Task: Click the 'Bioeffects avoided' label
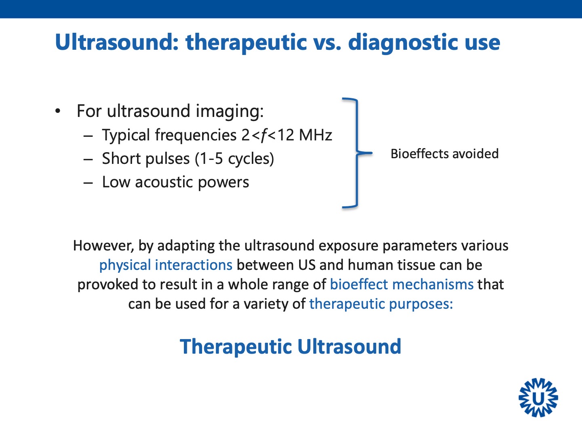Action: pyautogui.click(x=444, y=154)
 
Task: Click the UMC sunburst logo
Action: pyautogui.click(x=538, y=398)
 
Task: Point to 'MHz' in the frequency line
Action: pyautogui.click(x=315, y=135)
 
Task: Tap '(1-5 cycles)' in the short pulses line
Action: pyautogui.click(x=234, y=159)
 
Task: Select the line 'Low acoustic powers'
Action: pyautogui.click(x=175, y=182)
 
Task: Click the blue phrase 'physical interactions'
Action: pyautogui.click(x=166, y=265)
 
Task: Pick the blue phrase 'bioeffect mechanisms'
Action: pyautogui.click(x=401, y=284)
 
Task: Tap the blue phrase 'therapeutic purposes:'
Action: pyautogui.click(x=381, y=304)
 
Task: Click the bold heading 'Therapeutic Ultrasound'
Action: pyautogui.click(x=291, y=347)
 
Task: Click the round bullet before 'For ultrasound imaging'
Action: pyautogui.click(x=58, y=111)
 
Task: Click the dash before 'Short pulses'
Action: pyautogui.click(x=88, y=159)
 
